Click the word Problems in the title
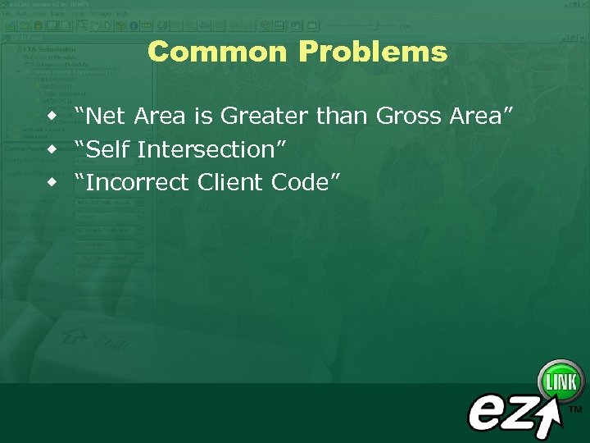(x=373, y=52)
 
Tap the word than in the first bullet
(x=343, y=116)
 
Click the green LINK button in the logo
(x=560, y=381)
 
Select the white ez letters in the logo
(x=501, y=410)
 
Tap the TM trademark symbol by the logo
(x=575, y=409)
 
